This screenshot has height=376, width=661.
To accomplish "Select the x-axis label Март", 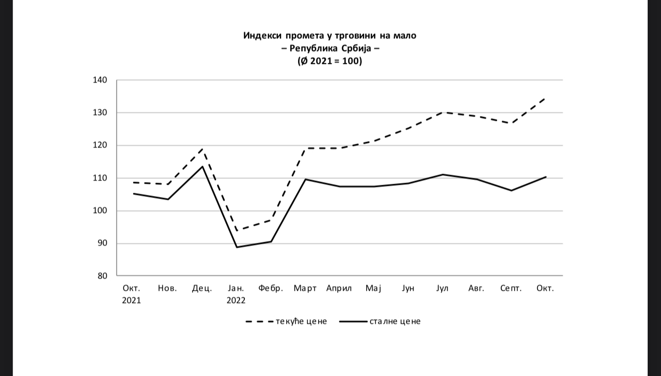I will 305,289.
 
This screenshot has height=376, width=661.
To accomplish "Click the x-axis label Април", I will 339,289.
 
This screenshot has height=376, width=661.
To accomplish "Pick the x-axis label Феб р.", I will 270,289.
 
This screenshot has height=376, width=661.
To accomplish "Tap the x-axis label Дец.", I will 202,289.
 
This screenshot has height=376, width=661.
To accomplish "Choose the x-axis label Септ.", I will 511,289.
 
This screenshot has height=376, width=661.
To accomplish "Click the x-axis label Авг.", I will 476,289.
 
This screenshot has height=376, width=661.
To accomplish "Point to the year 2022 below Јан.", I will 236,300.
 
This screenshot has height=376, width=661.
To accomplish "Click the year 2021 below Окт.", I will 131,300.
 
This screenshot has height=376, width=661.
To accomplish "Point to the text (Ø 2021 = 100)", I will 330,61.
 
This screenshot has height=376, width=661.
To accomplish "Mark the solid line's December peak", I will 202,167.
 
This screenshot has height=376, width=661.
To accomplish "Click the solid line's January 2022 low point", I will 236,247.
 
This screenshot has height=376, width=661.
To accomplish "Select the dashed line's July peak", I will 443,112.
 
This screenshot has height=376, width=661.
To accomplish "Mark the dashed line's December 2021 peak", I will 202,149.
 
